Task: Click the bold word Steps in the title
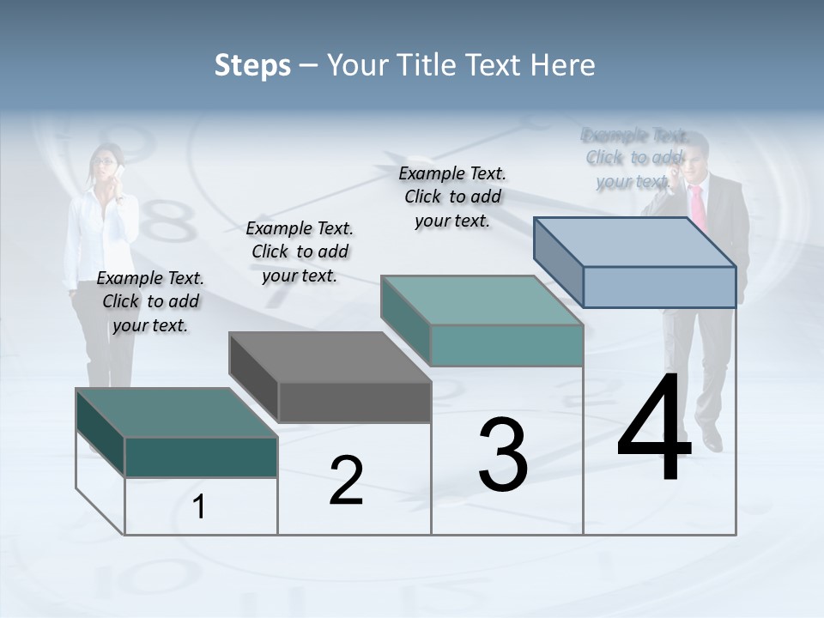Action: tap(252, 65)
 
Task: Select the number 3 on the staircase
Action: tap(503, 455)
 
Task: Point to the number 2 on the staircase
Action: tap(346, 481)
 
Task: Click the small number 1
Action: tap(199, 507)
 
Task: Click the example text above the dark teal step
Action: tap(150, 301)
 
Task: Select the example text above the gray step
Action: tap(300, 251)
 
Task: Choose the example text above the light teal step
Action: tap(452, 197)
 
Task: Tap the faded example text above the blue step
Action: tap(634, 158)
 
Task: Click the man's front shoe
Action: tap(712, 440)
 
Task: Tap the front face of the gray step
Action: tap(354, 402)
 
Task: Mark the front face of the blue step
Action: tap(659, 286)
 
